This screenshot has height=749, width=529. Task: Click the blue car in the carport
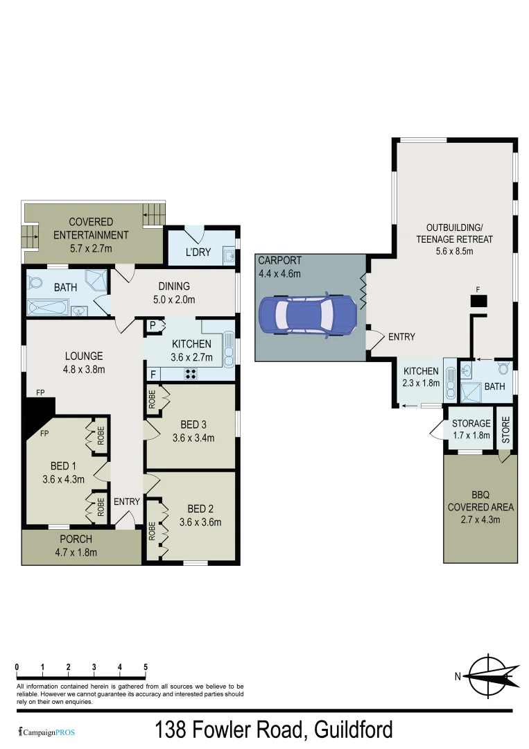[x=308, y=314]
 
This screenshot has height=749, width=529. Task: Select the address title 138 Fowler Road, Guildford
[x=273, y=730]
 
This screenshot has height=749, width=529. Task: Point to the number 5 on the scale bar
[x=145, y=667]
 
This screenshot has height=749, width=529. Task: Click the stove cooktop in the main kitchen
[x=191, y=373]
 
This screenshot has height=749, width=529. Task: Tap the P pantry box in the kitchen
[x=152, y=325]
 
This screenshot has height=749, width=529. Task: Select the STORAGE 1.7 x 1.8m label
[x=471, y=429]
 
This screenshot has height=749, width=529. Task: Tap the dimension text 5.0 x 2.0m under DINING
[x=173, y=300]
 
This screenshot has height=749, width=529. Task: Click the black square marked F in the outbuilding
[x=478, y=300]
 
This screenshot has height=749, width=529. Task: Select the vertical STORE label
[x=505, y=431]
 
